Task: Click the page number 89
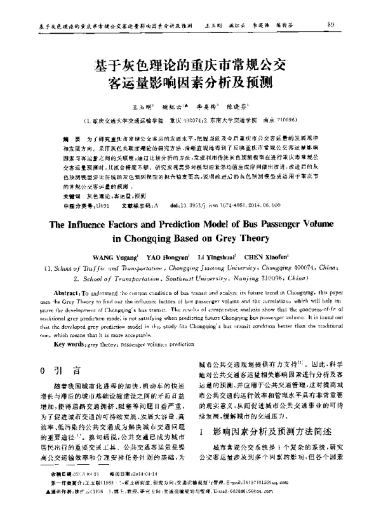coord(349,24)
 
